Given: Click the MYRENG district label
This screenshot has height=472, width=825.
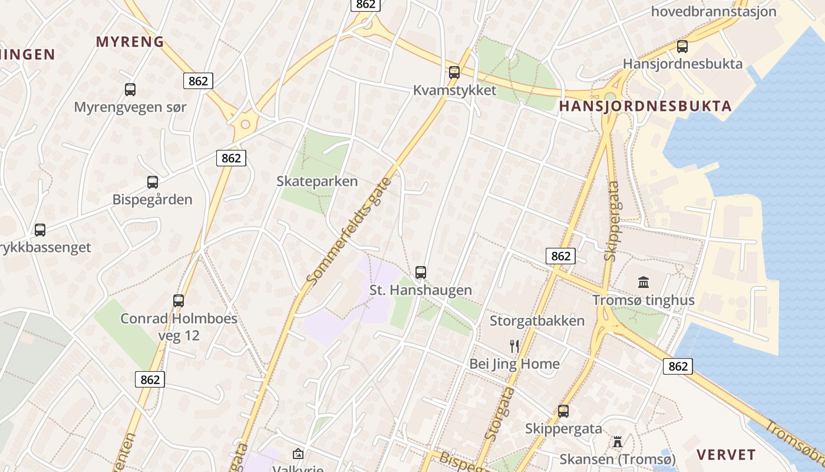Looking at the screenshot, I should (x=130, y=41).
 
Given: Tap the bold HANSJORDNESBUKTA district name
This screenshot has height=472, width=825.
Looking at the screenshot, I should (x=645, y=106).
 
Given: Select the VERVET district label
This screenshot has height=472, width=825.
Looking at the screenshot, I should (x=726, y=454).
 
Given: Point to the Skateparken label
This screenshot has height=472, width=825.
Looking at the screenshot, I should (x=317, y=181).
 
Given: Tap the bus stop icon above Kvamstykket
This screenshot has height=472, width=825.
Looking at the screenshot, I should (x=454, y=73).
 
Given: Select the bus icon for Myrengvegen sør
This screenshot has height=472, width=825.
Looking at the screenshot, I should (x=130, y=90).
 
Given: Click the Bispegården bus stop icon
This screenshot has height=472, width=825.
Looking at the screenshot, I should (x=153, y=182).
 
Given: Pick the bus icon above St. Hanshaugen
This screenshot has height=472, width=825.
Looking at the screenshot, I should (x=420, y=273).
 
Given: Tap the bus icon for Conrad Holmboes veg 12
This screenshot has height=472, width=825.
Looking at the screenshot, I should (x=179, y=301).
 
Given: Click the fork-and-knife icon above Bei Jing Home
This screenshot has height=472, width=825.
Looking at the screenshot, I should (x=514, y=346).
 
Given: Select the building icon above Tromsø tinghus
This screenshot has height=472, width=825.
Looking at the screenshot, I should (x=643, y=283).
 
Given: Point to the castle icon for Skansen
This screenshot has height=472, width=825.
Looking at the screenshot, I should (x=617, y=441).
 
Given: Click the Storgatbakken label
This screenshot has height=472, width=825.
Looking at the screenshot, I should (x=537, y=321).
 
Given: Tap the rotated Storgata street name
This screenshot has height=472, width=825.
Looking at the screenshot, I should (x=499, y=414).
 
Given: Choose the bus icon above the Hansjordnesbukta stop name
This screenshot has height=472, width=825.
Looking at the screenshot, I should (x=682, y=46).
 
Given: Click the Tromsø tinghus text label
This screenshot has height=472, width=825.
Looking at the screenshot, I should (x=643, y=300).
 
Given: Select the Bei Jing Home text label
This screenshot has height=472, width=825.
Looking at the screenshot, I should (x=514, y=364).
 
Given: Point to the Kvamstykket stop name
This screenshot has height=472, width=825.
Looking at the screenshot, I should (x=454, y=90).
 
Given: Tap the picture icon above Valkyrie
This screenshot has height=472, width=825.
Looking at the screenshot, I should (x=298, y=454).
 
